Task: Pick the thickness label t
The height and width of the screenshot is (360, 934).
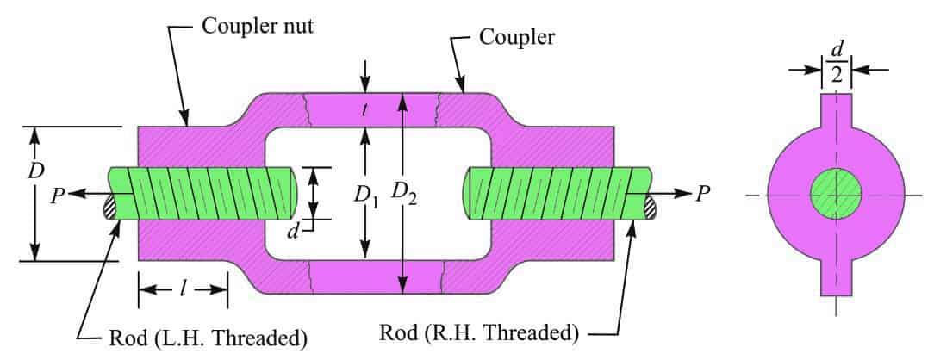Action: [x=367, y=110]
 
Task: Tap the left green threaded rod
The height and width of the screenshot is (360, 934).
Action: [x=207, y=192]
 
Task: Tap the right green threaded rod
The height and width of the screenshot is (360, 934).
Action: [x=551, y=192]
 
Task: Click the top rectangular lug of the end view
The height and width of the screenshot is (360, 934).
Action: [x=835, y=112]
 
